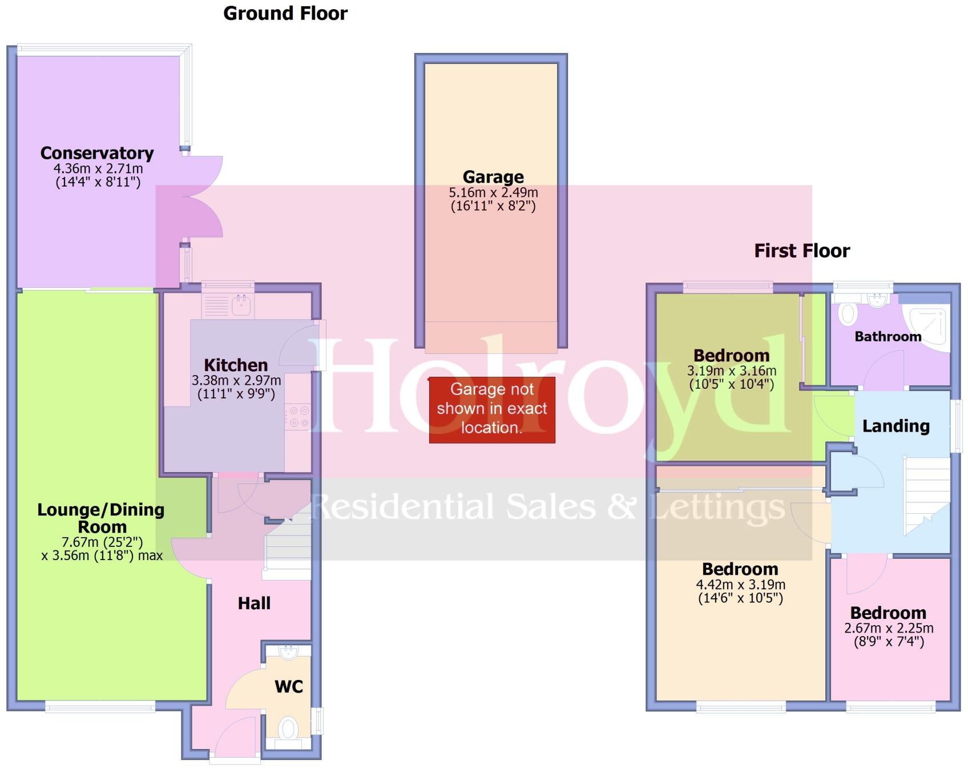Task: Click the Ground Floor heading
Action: click(x=285, y=13)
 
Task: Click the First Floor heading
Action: click(x=801, y=251)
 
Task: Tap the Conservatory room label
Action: click(x=97, y=153)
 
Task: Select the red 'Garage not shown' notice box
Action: click(x=491, y=409)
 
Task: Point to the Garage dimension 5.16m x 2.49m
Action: click(x=493, y=192)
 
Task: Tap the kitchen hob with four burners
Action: click(x=299, y=417)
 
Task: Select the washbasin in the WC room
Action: click(x=288, y=651)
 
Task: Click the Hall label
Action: click(x=254, y=603)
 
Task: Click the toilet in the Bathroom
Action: click(x=848, y=313)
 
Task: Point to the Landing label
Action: click(x=896, y=426)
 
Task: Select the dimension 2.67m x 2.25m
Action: click(x=889, y=628)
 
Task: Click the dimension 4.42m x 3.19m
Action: click(x=740, y=585)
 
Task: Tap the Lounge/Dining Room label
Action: click(x=101, y=518)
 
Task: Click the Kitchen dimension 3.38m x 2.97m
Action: click(x=236, y=380)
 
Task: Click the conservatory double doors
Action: click(x=203, y=196)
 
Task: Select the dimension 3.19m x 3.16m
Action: click(x=731, y=371)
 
